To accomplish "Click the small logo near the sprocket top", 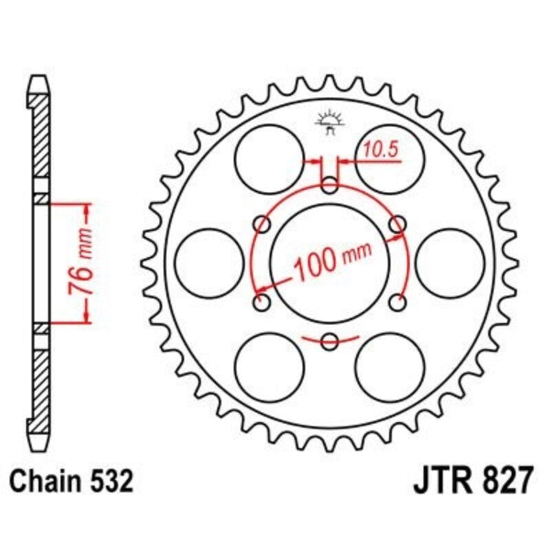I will point(329,122).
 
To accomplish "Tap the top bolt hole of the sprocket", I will point(330,185).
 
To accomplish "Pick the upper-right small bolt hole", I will point(397,223).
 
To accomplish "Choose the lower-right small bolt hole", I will point(397,302).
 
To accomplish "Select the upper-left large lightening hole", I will point(269,159).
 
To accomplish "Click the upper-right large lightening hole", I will point(390,159).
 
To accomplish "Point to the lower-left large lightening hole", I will point(269,366).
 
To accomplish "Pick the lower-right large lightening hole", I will point(390,366).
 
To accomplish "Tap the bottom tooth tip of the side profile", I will point(42,441).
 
